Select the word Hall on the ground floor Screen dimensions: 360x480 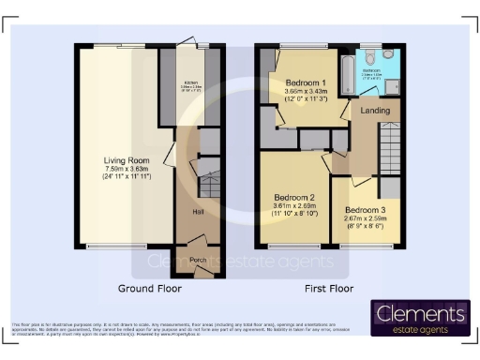pyautogui.click(x=199, y=213)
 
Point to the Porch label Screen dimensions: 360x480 pyautogui.click(x=198, y=260)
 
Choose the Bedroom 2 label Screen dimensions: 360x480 pyautogui.click(x=293, y=197)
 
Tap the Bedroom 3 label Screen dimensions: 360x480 pyautogui.click(x=364, y=209)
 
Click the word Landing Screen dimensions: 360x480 pyautogui.click(x=374, y=112)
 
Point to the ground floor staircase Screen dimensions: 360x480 pyautogui.click(x=208, y=180)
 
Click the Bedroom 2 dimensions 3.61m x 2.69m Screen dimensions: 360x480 pyautogui.click(x=293, y=205)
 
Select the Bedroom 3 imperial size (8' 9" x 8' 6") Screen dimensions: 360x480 pyautogui.click(x=364, y=226)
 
